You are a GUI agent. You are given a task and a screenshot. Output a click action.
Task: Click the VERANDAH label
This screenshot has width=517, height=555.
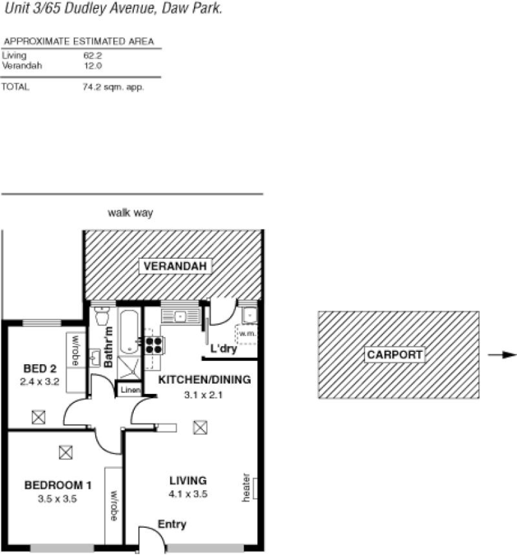tap(174, 266)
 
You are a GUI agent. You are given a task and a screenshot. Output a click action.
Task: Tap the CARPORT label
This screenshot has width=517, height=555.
tap(394, 354)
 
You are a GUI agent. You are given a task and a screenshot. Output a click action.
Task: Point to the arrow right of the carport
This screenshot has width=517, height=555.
tap(502, 355)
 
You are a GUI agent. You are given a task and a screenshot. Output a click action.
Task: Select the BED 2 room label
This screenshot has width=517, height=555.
tap(40, 368)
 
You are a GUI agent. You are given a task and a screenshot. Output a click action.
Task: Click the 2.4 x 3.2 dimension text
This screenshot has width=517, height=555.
tap(40, 381)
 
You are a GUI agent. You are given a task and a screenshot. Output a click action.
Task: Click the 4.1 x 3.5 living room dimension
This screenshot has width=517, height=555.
tap(188, 494)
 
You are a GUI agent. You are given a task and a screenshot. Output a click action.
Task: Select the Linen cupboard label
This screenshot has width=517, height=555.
tap(130, 391)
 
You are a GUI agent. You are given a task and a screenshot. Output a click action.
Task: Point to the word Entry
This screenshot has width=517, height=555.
tap(172, 524)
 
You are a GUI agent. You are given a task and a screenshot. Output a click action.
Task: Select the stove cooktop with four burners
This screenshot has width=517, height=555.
tap(153, 345)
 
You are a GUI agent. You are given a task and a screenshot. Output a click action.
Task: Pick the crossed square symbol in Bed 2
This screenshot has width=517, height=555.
tap(38, 417)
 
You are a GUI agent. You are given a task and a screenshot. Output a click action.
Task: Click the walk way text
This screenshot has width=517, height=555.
tap(130, 213)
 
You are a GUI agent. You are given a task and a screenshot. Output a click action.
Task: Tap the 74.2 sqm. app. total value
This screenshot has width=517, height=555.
tap(113, 87)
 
